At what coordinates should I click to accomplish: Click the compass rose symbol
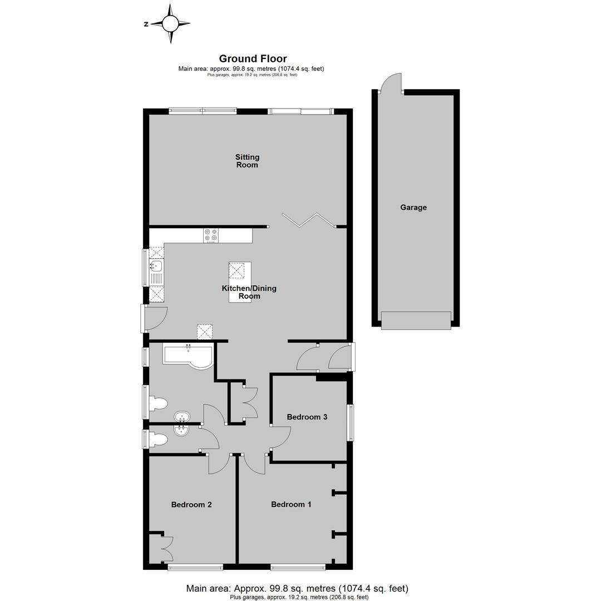point(171,24)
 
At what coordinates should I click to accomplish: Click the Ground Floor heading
point(253,58)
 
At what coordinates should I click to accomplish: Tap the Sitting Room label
point(247,161)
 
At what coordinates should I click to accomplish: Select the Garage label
point(413,208)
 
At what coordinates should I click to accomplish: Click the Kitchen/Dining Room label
point(249,292)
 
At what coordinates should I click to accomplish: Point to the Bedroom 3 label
point(307,417)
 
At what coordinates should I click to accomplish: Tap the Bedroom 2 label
point(191,504)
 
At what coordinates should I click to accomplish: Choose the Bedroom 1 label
point(291,504)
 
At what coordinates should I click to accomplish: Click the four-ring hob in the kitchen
point(211,235)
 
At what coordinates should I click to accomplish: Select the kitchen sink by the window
point(156,272)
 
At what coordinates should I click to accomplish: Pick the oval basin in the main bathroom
point(181,416)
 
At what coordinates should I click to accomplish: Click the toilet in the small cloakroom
point(158,439)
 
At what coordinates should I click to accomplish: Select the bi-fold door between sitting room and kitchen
point(308,220)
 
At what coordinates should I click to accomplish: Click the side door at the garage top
point(391,83)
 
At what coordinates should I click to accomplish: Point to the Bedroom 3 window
point(350,422)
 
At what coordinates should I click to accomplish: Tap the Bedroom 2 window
point(195,566)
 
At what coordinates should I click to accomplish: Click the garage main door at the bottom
point(416,321)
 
